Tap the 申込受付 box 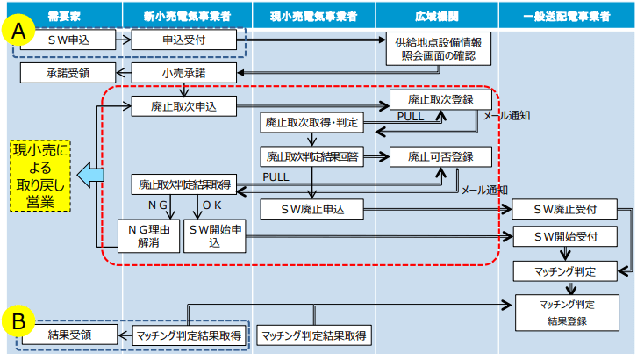184,40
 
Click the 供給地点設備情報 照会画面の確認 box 438,49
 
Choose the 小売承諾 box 184,72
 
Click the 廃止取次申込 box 184,107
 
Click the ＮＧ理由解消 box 147,236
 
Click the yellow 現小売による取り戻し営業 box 40,175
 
